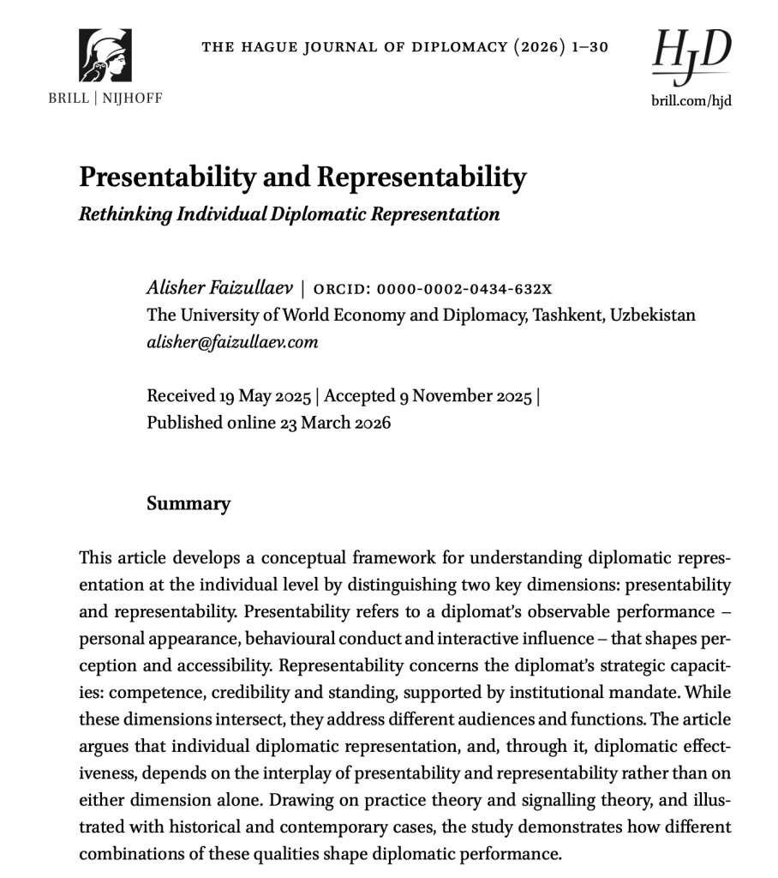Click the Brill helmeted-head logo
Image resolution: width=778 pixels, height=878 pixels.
(x=105, y=55)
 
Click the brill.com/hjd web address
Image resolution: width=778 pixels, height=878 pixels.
(x=691, y=99)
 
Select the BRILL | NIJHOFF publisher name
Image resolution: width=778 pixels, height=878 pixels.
(x=105, y=98)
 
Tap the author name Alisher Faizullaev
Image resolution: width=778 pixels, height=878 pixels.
(x=219, y=287)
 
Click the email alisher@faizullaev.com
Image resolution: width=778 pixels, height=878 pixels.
(x=232, y=342)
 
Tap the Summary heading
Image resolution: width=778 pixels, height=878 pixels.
(x=189, y=503)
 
